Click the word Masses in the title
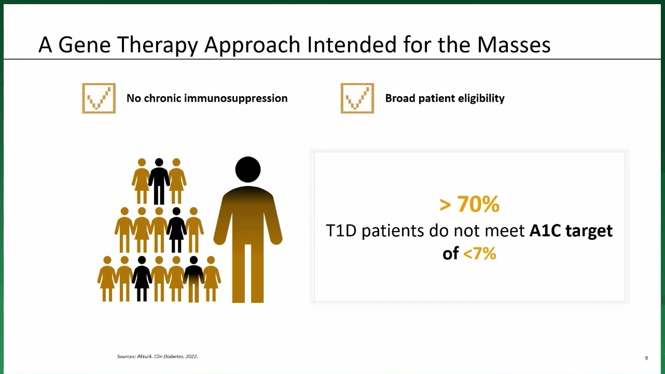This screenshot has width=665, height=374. click(x=514, y=45)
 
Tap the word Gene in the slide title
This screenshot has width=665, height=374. click(x=85, y=45)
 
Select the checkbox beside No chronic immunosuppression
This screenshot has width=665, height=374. click(x=99, y=98)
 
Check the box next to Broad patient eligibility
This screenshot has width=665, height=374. click(x=357, y=98)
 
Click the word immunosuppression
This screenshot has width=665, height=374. click(x=235, y=98)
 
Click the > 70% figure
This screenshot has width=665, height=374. click(x=469, y=204)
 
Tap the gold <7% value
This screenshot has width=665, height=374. click(x=479, y=253)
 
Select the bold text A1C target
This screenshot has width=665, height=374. click(x=571, y=231)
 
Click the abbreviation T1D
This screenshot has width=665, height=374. click(x=341, y=231)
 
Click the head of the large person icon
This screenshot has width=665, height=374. click(x=248, y=169)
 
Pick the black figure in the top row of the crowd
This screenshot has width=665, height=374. click(x=159, y=181)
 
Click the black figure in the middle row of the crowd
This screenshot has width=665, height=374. click(x=176, y=230)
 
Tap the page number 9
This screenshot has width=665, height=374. click(x=646, y=358)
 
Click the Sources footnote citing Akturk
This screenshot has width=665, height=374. click(x=157, y=356)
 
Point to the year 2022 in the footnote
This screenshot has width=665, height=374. click(x=191, y=356)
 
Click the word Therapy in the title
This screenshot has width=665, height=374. click(x=157, y=45)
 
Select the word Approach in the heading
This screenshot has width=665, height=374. click(x=252, y=45)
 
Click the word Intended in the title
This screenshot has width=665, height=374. click(x=352, y=45)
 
